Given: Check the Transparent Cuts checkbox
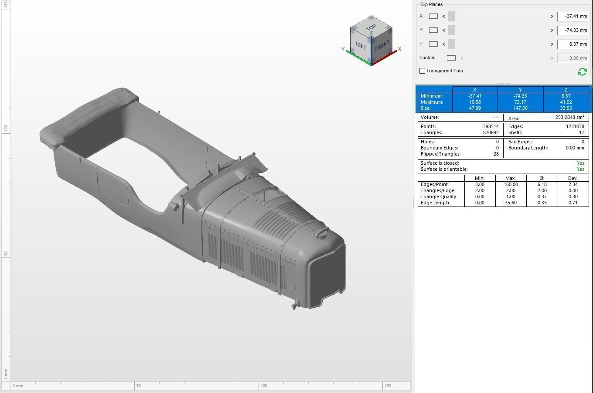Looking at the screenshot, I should [x=422, y=71].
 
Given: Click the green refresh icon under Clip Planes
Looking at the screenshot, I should [x=582, y=71].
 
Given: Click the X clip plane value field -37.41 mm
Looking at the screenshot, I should [x=573, y=16].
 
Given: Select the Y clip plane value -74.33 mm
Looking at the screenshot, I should [x=573, y=30].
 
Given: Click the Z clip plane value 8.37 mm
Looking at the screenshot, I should [x=573, y=44].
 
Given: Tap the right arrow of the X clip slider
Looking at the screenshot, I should [x=552, y=16].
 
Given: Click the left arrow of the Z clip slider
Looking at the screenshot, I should [x=444, y=44].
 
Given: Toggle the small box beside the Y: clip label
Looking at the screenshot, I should [x=433, y=30].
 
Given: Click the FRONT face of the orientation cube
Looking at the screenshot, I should [x=381, y=45].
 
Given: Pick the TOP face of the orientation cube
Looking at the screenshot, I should [x=371, y=27].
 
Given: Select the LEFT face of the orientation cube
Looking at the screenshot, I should [x=361, y=45].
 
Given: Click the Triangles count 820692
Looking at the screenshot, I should [x=491, y=132].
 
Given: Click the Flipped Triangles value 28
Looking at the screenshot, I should [x=495, y=154].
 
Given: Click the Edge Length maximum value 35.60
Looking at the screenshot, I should [x=511, y=203].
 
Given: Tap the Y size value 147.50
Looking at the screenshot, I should [x=520, y=108].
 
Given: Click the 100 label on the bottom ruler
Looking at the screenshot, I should [x=264, y=386].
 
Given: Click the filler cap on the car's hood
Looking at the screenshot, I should [x=322, y=233].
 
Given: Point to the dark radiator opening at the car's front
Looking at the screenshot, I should [x=327, y=272].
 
